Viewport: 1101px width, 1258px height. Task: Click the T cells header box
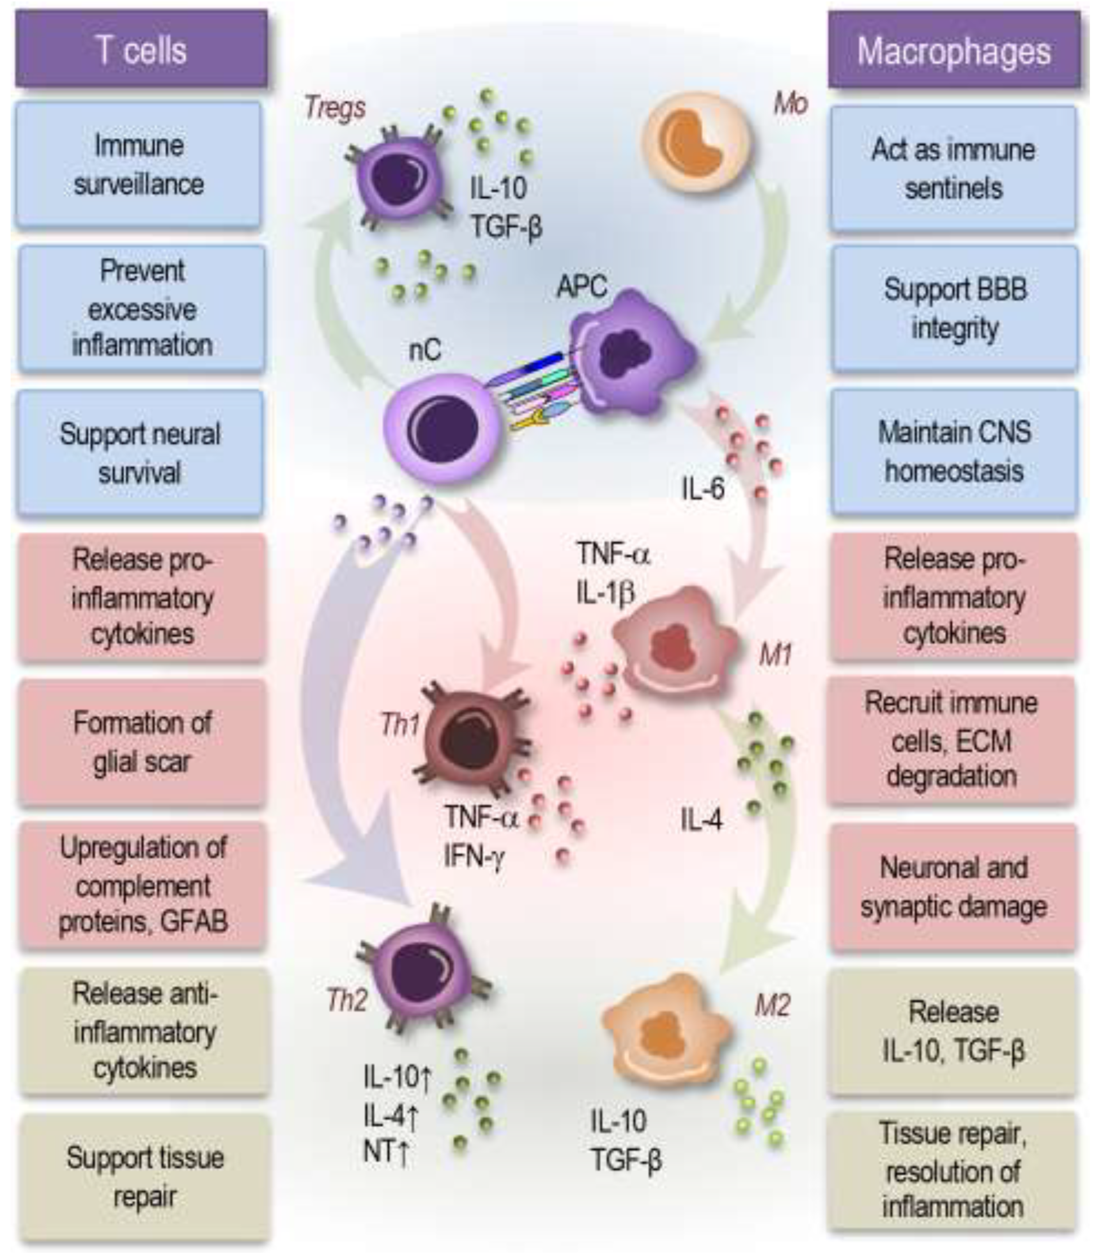point(141,49)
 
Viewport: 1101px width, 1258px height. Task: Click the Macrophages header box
point(954,50)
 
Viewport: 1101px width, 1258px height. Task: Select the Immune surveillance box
point(139,164)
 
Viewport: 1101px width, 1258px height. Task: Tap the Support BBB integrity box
point(955,309)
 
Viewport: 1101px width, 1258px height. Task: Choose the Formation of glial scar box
point(142,742)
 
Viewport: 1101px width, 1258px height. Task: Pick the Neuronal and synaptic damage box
point(954,887)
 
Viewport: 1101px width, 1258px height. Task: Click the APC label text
point(581,286)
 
